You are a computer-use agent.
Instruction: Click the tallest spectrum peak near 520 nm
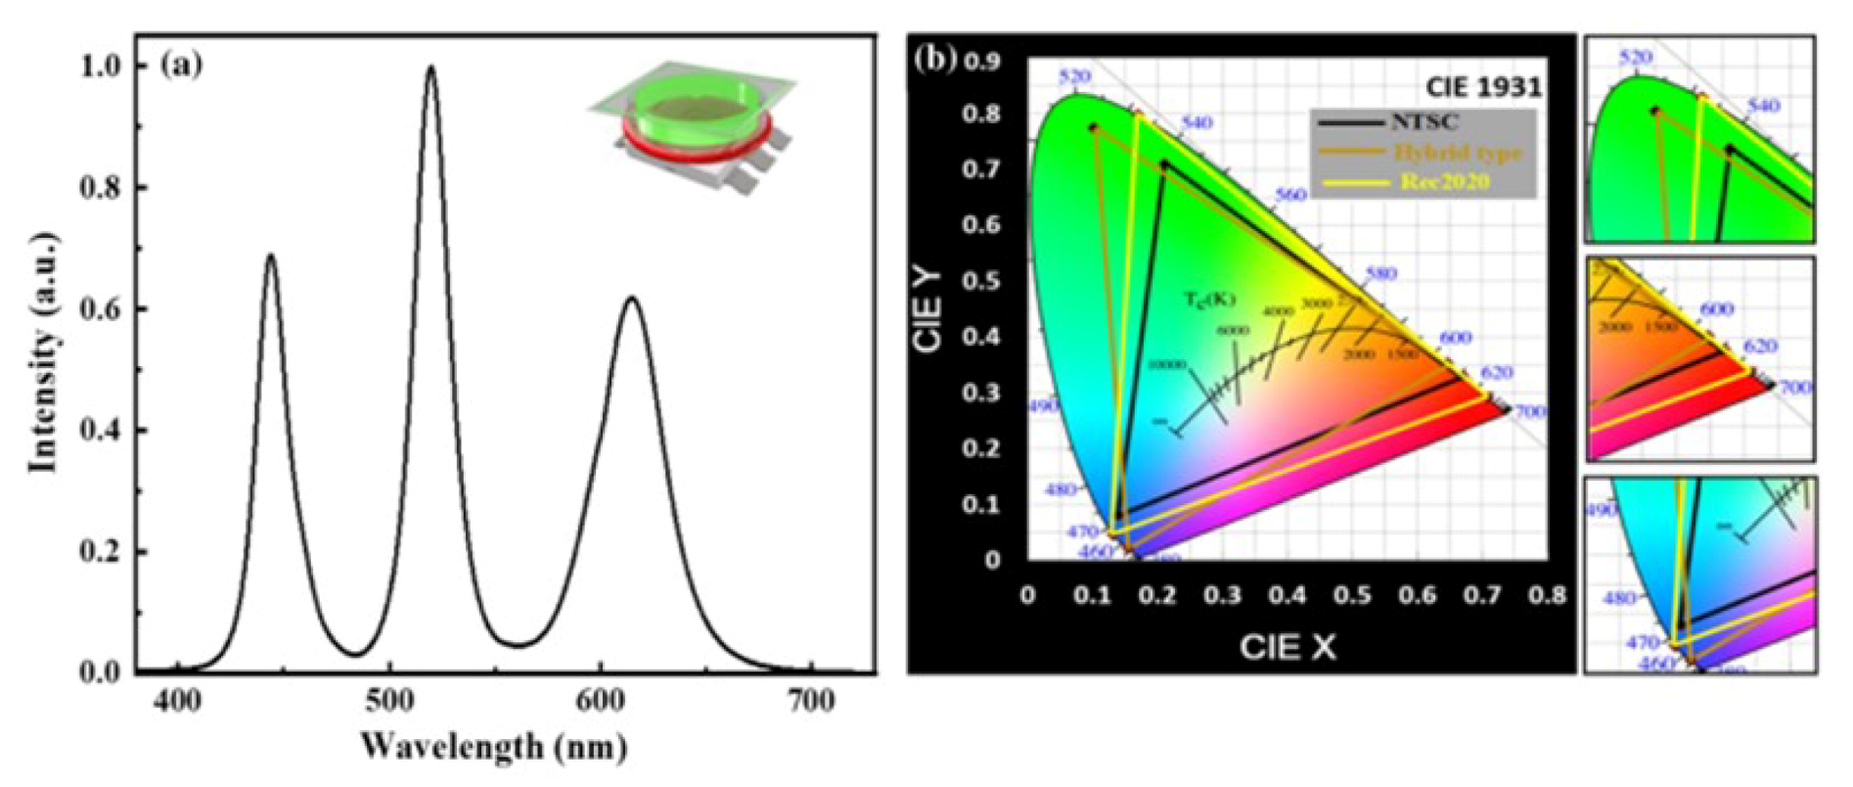coord(430,69)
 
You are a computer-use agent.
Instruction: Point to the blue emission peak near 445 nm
coord(271,256)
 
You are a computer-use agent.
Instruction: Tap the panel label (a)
coord(183,66)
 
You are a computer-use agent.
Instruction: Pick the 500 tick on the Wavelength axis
coord(390,701)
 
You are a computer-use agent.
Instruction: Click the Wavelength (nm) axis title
coord(493,748)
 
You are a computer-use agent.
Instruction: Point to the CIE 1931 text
coord(1483,86)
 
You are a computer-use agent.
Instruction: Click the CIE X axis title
coord(1288,646)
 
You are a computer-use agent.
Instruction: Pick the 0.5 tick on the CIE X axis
coord(1353,595)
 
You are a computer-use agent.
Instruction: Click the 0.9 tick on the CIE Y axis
coord(983,62)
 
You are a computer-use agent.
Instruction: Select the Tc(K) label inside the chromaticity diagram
coord(1211,300)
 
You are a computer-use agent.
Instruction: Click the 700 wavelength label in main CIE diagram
coord(1530,412)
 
